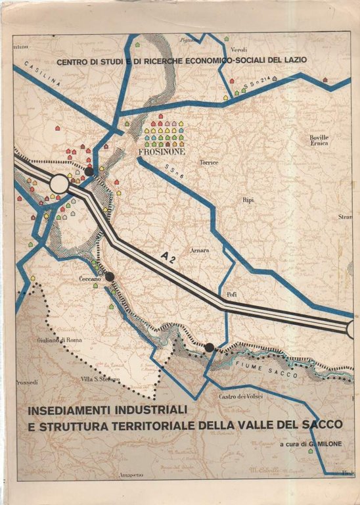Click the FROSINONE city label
162,151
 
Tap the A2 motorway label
169,258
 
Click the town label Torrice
208,162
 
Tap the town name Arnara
200,251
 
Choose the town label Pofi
231,294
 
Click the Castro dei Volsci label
241,397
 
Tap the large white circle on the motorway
59,184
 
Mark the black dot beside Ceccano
110,277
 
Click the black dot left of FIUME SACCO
210,347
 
